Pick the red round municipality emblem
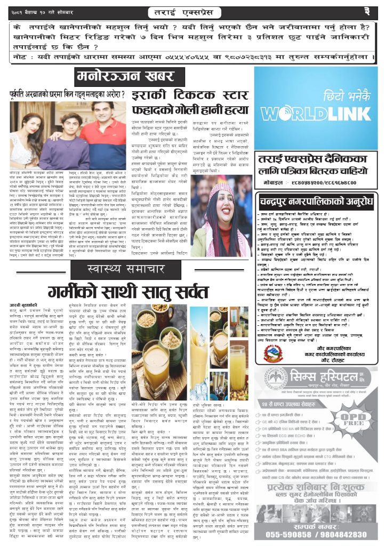[x=273, y=354]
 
